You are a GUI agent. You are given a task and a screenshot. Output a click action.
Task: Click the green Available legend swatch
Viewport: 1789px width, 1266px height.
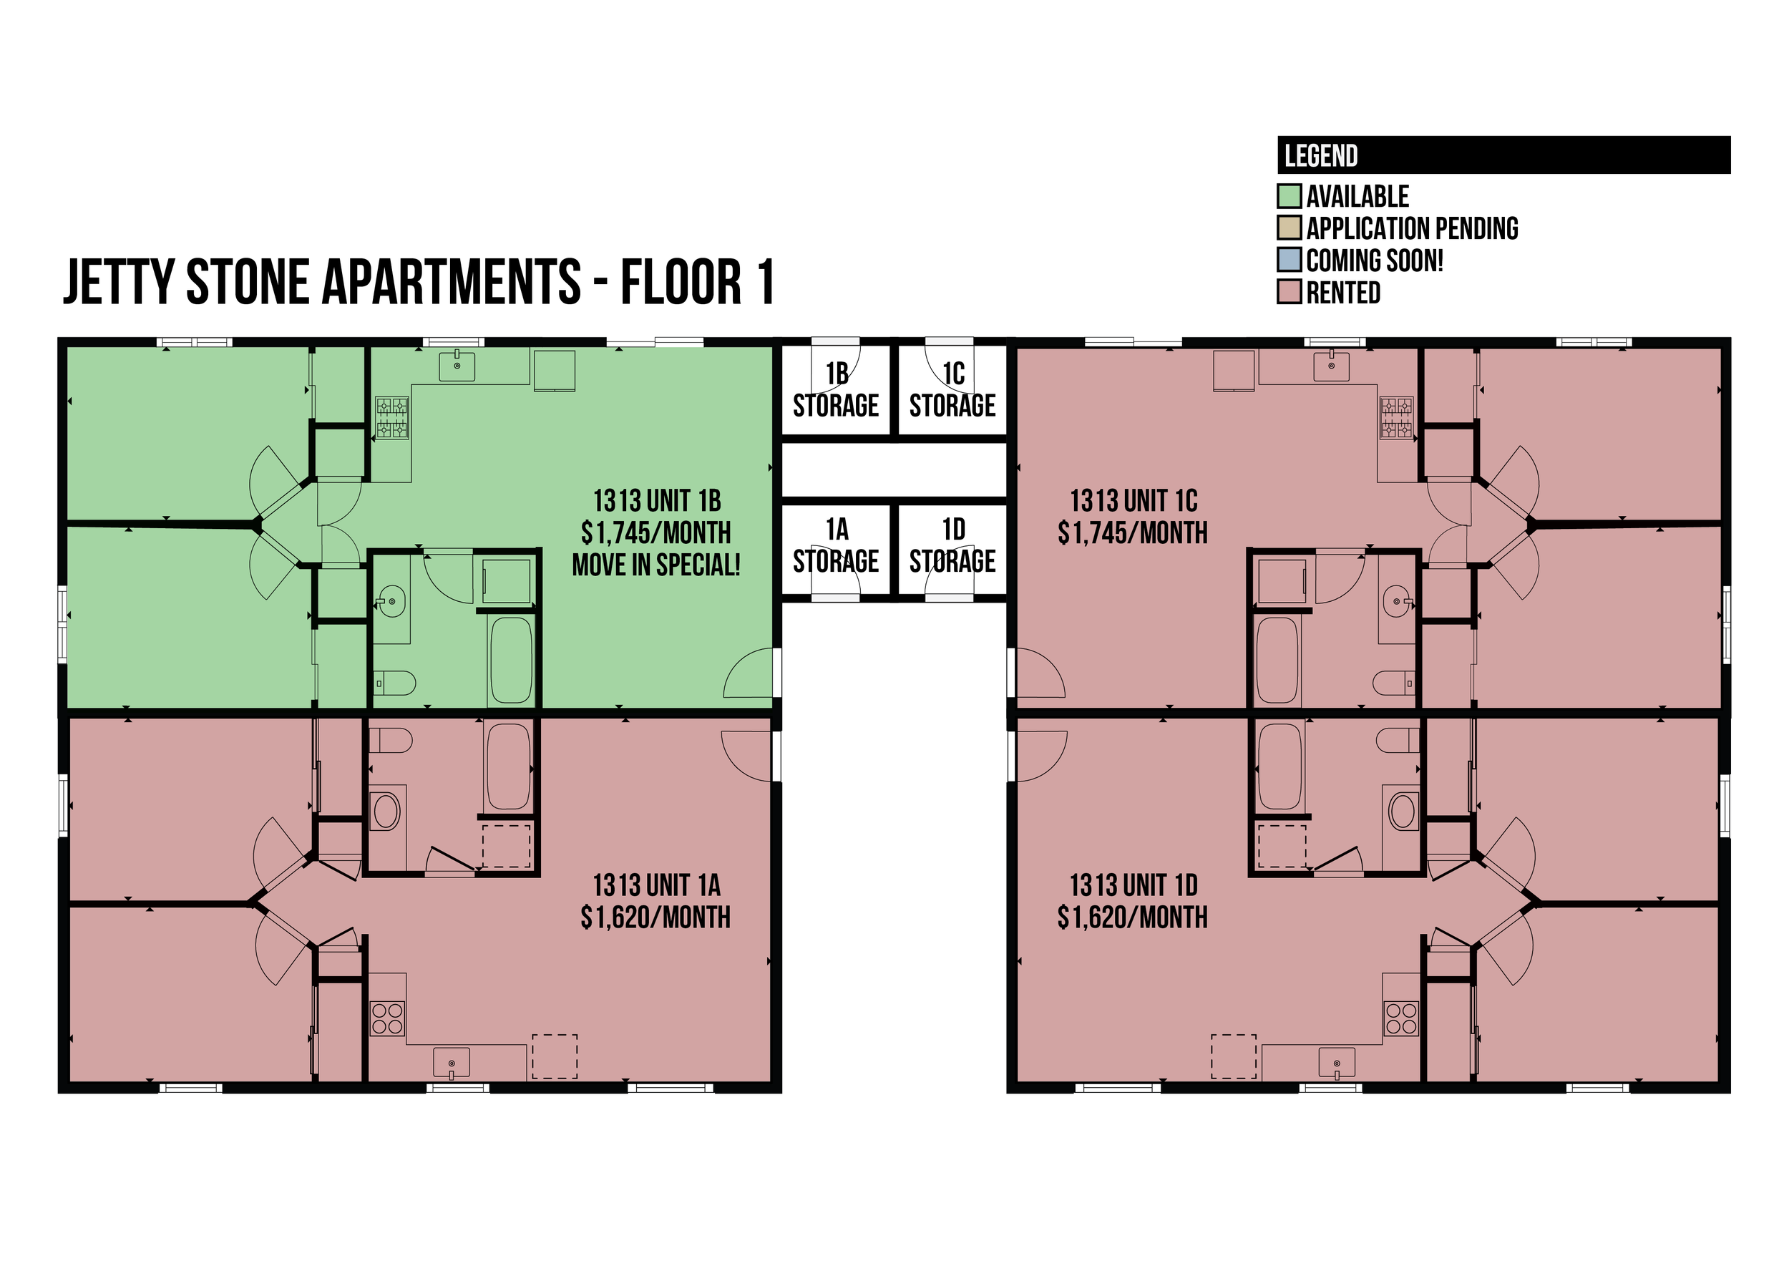point(1290,195)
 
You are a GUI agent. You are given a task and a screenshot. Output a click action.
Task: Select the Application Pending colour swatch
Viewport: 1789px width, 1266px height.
point(1290,228)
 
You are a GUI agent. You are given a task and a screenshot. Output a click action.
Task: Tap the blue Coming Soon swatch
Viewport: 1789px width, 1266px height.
point(1290,260)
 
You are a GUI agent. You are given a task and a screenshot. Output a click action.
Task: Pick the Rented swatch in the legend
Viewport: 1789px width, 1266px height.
point(1290,291)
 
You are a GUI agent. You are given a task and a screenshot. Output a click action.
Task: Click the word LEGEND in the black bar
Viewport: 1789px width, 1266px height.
point(1320,156)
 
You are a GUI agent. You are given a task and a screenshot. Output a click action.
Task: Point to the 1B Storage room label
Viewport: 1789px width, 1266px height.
point(836,390)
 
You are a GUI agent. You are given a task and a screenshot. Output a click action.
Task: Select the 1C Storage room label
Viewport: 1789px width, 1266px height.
point(952,390)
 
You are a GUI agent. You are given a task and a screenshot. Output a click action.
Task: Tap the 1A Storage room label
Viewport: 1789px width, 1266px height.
point(836,545)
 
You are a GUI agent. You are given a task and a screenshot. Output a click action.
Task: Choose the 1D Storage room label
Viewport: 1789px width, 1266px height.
point(952,545)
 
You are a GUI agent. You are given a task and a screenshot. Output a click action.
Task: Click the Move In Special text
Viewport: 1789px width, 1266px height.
point(656,565)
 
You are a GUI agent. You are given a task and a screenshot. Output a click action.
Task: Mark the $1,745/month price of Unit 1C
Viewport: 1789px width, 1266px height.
point(1133,533)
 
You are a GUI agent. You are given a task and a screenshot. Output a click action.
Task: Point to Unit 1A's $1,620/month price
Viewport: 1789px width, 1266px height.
point(655,917)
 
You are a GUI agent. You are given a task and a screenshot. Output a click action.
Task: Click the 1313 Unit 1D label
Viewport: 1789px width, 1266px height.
point(1134,885)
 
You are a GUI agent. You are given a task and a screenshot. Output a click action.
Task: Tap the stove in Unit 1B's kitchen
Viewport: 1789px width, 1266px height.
point(392,417)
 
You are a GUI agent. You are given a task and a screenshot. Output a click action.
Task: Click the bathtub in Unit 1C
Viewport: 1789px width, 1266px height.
point(1277,661)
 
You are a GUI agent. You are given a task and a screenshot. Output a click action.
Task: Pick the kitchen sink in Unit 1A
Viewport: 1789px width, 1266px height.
point(452,1063)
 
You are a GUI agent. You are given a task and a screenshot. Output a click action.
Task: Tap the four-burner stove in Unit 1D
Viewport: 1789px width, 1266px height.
point(1401,1018)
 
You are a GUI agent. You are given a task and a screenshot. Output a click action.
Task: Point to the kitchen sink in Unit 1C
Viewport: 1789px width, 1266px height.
point(1332,365)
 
